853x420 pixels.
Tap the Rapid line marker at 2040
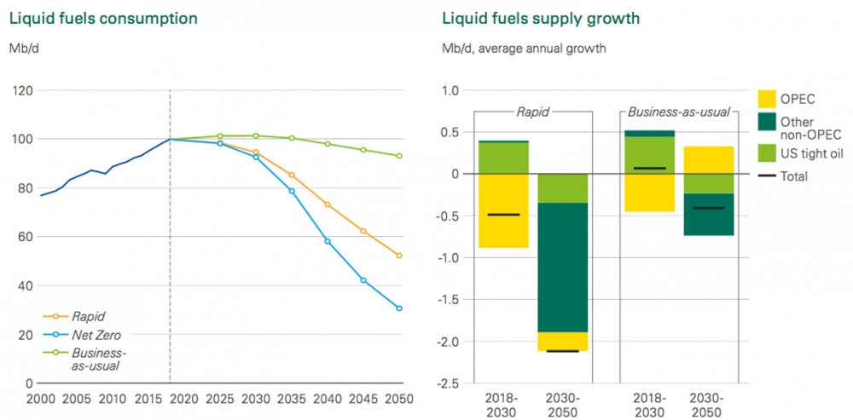[x=328, y=204]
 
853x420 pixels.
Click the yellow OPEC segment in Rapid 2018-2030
[x=503, y=210]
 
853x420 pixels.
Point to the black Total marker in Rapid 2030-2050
[x=563, y=351]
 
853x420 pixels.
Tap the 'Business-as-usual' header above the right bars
[x=679, y=111]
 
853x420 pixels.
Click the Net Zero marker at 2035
[x=292, y=191]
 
